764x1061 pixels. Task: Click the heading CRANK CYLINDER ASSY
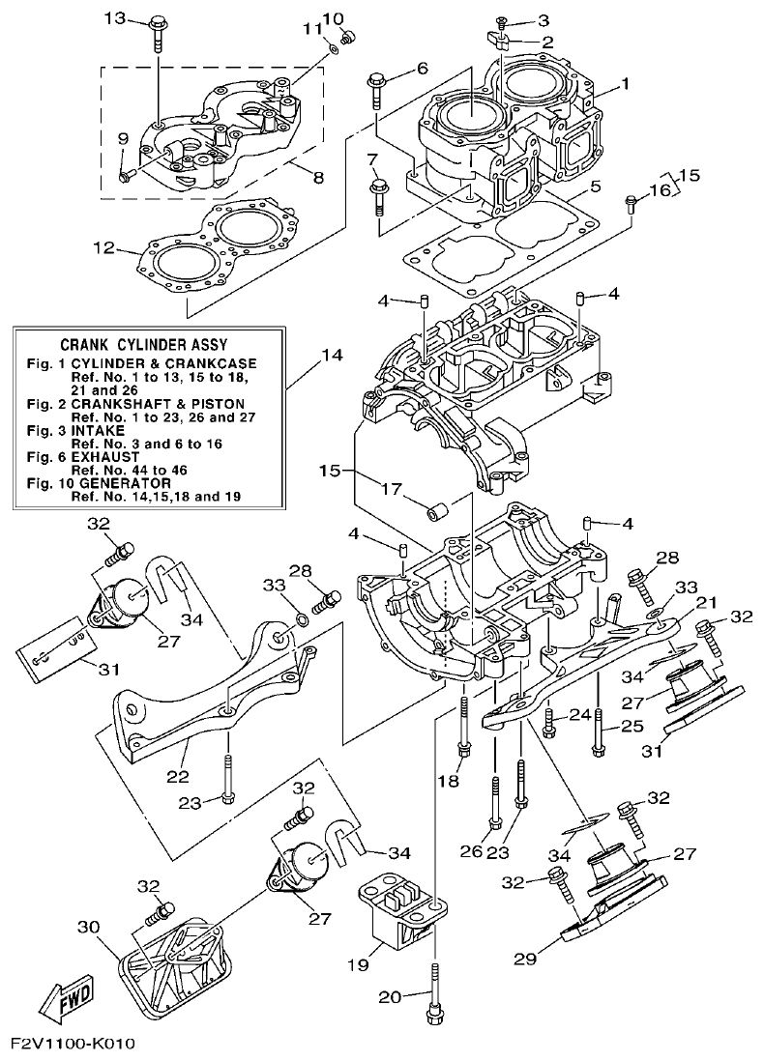(150, 344)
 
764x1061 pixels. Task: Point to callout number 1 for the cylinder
(626, 84)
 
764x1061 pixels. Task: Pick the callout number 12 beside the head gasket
(105, 247)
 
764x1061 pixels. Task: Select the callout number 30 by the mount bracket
(87, 928)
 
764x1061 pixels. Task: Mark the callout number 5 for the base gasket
(596, 186)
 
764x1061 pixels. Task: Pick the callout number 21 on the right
(706, 602)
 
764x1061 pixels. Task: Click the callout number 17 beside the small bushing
(391, 489)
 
